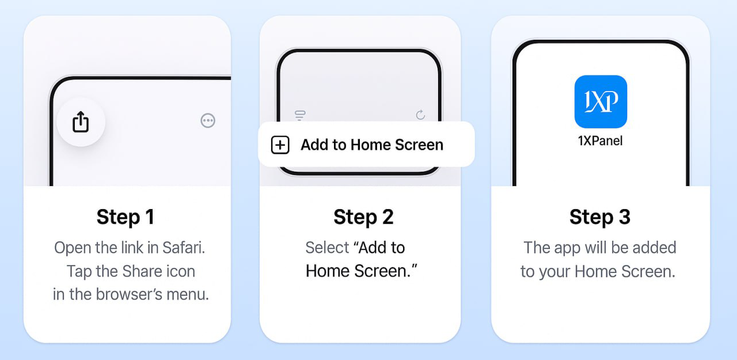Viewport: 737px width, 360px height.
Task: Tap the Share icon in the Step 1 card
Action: [81, 122]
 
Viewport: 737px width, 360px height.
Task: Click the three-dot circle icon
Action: [208, 120]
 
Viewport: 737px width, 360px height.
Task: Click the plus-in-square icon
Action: [280, 145]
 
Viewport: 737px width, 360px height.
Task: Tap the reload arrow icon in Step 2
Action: [420, 115]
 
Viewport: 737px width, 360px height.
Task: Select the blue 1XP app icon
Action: [601, 101]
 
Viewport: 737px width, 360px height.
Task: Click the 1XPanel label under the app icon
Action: [600, 141]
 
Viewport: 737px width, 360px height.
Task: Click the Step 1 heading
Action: [126, 217]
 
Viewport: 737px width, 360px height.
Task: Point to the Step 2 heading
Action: [363, 217]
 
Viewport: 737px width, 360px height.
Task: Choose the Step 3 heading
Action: [600, 217]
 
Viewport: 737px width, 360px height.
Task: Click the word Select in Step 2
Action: [327, 248]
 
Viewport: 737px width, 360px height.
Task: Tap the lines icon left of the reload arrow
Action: [300, 115]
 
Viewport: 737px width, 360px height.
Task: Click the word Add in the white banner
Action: [314, 145]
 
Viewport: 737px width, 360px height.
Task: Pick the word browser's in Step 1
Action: [130, 294]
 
